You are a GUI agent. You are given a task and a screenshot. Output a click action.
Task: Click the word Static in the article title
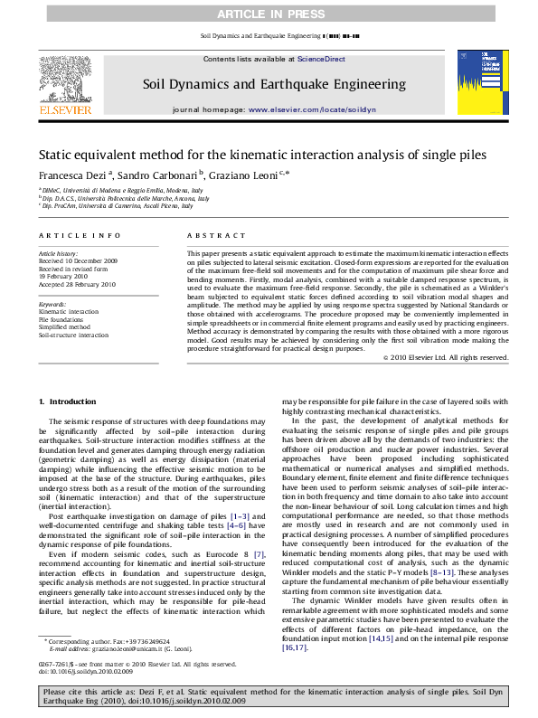[x=58, y=155]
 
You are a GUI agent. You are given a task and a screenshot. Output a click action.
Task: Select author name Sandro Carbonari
[x=137, y=174]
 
